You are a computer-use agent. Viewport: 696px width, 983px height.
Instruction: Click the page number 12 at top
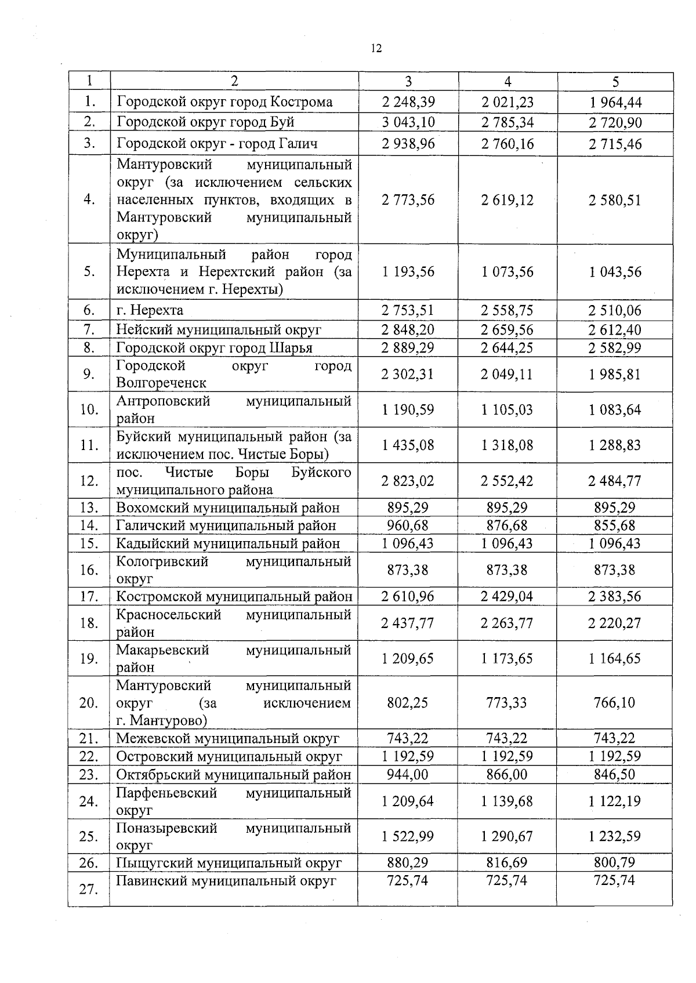[x=376, y=49]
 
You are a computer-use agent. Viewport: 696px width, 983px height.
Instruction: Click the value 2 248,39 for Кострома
[x=408, y=102]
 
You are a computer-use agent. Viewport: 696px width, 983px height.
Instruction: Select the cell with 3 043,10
[x=408, y=122]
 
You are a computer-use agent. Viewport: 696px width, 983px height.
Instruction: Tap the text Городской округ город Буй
[x=205, y=122]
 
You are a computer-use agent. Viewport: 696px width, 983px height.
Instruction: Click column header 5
[x=615, y=82]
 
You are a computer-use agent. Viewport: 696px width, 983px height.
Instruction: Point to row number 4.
[x=89, y=199]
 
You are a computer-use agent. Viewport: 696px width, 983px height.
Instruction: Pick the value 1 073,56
[x=507, y=272]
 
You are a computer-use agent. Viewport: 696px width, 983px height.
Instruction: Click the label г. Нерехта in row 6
[x=150, y=310]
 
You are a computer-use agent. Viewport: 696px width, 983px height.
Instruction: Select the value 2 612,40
[x=615, y=330]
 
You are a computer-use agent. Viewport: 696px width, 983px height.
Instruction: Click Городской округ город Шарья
[x=214, y=348]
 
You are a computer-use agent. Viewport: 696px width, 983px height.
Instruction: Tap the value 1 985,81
[x=615, y=375]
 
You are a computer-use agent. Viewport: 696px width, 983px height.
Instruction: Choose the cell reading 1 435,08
[x=408, y=445]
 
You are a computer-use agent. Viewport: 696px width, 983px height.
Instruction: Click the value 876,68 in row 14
[x=507, y=525]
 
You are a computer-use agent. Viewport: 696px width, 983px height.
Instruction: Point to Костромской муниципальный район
[x=234, y=597]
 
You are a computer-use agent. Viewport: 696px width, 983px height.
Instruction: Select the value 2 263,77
[x=507, y=623]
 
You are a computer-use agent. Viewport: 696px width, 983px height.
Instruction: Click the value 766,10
[x=615, y=703]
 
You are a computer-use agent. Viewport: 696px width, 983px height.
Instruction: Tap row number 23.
[x=89, y=775]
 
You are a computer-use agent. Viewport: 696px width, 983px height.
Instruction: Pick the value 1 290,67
[x=507, y=836]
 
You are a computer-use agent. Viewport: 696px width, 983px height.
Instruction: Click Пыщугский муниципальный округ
[x=229, y=863]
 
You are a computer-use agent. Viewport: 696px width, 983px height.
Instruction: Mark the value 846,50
[x=615, y=775]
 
